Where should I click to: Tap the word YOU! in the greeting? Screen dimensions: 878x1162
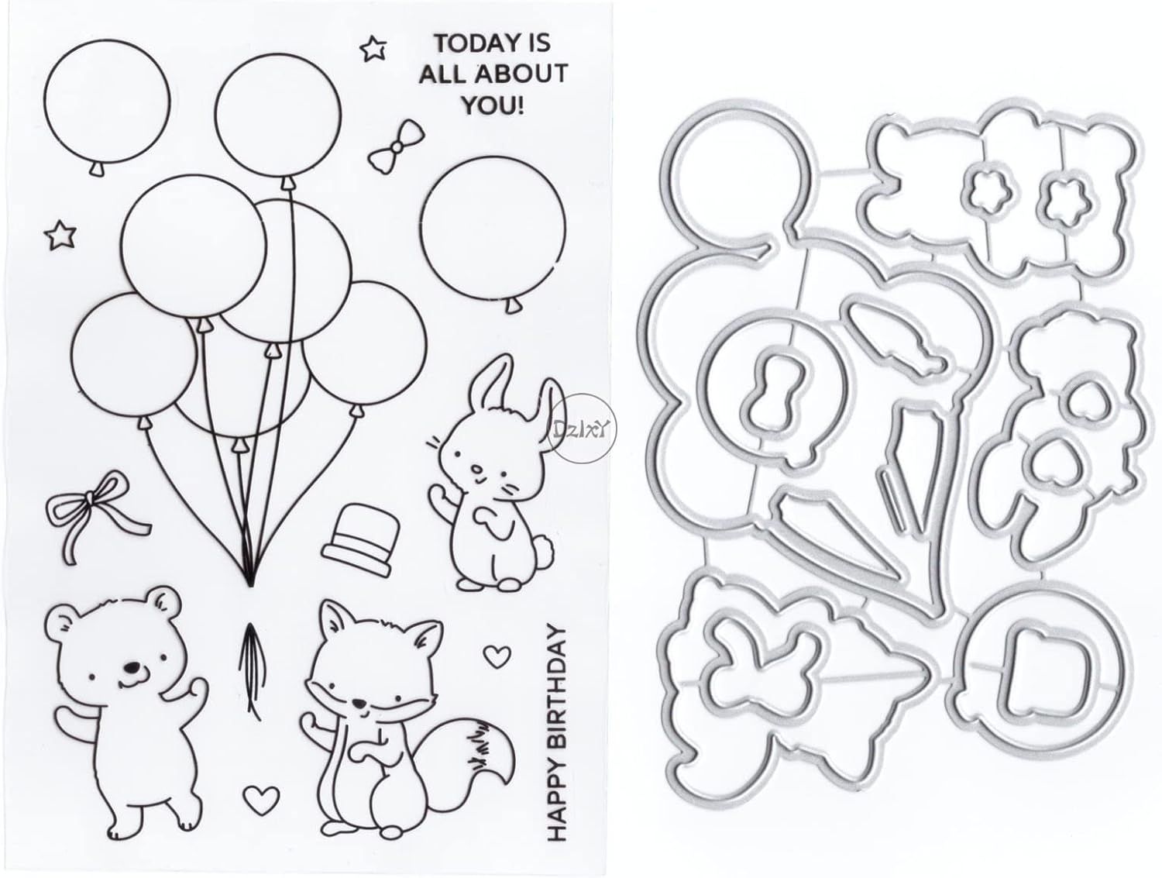point(492,104)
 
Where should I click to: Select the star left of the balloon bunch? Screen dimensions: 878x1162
point(57,234)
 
